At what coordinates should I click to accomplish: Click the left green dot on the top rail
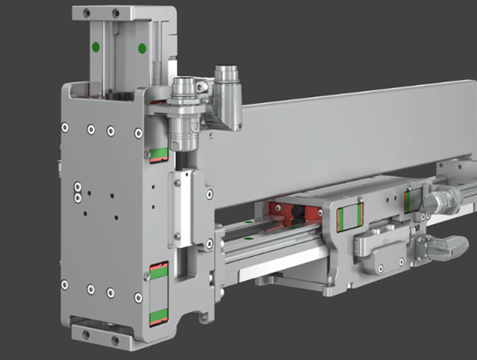coord(96,46)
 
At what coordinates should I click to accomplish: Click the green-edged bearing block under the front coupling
coord(157,151)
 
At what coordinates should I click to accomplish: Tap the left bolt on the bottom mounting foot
coord(86,330)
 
